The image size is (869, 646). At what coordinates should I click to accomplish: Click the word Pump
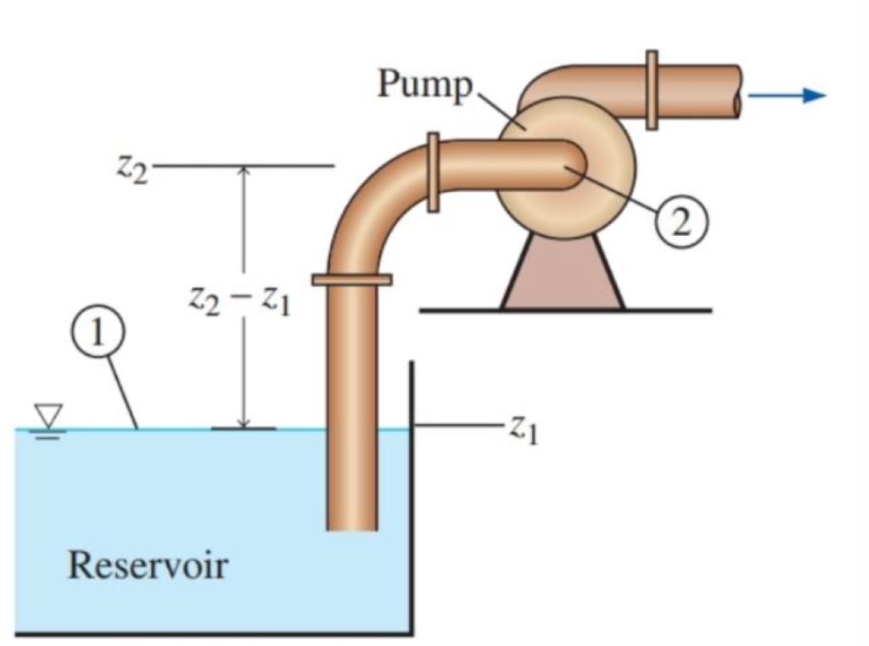pos(423,84)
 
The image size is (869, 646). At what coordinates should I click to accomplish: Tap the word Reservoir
pos(148,564)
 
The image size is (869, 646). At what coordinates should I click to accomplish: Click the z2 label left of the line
pos(132,168)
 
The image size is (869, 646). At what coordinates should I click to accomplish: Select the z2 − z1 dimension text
pos(239,300)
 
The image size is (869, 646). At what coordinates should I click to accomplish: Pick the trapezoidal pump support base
pos(563,272)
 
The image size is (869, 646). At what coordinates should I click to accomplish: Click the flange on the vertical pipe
pos(351,279)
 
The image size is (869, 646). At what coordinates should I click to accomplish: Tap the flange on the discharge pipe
pos(652,90)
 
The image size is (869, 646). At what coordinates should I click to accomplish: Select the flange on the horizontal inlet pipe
pos(433,171)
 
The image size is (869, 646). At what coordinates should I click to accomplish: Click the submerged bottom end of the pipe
pos(351,523)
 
